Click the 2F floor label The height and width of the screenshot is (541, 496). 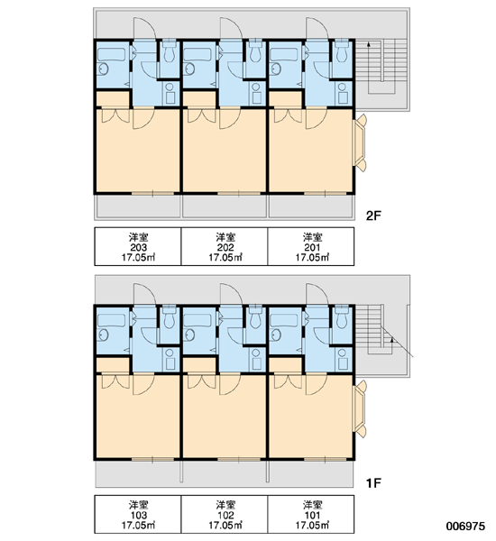373,216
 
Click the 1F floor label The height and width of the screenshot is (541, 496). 373,483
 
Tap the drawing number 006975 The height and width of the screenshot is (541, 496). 465,526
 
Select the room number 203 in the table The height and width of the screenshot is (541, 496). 138,247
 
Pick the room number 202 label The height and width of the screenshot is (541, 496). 225,247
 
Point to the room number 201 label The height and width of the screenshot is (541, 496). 312,247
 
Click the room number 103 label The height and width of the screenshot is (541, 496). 138,515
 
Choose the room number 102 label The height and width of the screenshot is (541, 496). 225,515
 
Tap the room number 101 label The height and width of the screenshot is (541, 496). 312,515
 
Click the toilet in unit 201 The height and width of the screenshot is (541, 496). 342,51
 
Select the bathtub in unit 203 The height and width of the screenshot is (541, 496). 111,54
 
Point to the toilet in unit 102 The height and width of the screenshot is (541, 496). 256,317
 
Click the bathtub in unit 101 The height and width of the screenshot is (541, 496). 284,321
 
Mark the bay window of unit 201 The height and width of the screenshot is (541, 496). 360,142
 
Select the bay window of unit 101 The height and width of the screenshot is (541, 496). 360,409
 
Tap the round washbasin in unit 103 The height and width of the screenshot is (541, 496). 103,335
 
